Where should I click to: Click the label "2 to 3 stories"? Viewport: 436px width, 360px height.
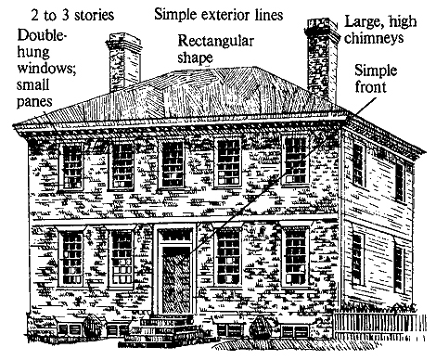(72, 15)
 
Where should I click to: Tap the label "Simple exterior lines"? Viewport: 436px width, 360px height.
(219, 14)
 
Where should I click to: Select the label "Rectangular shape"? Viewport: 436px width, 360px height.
(215, 49)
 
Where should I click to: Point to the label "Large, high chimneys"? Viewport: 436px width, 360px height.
(380, 30)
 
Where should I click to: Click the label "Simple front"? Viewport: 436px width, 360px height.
(376, 78)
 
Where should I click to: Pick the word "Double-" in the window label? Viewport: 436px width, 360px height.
(42, 35)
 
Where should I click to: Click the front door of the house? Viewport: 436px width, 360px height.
(176, 280)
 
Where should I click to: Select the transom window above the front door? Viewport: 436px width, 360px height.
(176, 236)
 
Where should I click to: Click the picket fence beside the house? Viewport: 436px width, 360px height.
(379, 327)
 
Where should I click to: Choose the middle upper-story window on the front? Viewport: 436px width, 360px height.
(173, 164)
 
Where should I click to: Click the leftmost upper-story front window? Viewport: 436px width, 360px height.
(72, 167)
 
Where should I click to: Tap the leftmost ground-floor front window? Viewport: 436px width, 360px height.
(72, 258)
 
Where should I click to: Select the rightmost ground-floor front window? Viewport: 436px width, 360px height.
(295, 257)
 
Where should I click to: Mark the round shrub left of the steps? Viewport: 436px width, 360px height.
(92, 327)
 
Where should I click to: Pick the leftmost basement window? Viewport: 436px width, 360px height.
(70, 328)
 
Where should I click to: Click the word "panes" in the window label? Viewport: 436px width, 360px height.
(34, 102)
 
